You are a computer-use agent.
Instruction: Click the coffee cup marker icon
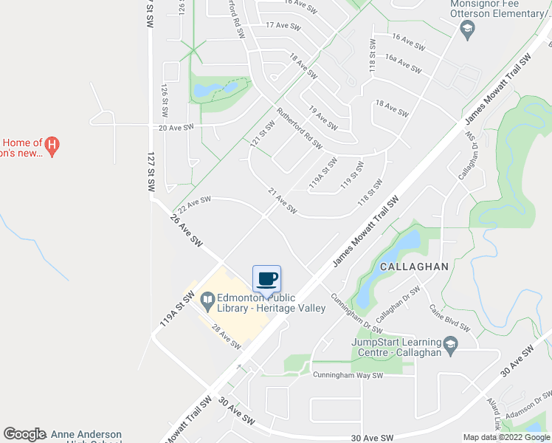click(267, 279)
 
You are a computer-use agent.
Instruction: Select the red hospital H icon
click(52, 145)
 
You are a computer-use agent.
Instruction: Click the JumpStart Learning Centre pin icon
click(449, 343)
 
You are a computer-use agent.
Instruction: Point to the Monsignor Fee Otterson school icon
click(466, 30)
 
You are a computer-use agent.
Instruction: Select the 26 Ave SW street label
click(186, 230)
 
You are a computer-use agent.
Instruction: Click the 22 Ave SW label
click(193, 202)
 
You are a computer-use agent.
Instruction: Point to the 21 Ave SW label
click(282, 201)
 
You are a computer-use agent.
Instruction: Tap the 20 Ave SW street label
click(176, 127)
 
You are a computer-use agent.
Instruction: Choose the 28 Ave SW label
click(226, 337)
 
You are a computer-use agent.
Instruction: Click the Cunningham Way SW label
click(347, 375)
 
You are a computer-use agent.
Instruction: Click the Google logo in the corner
click(25, 434)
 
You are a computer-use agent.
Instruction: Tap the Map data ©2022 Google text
click(506, 437)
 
